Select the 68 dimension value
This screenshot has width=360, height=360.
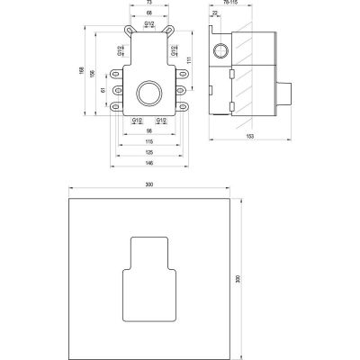(149, 15)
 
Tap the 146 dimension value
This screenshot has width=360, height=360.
(149, 164)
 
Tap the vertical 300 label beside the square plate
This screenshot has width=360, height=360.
(238, 278)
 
